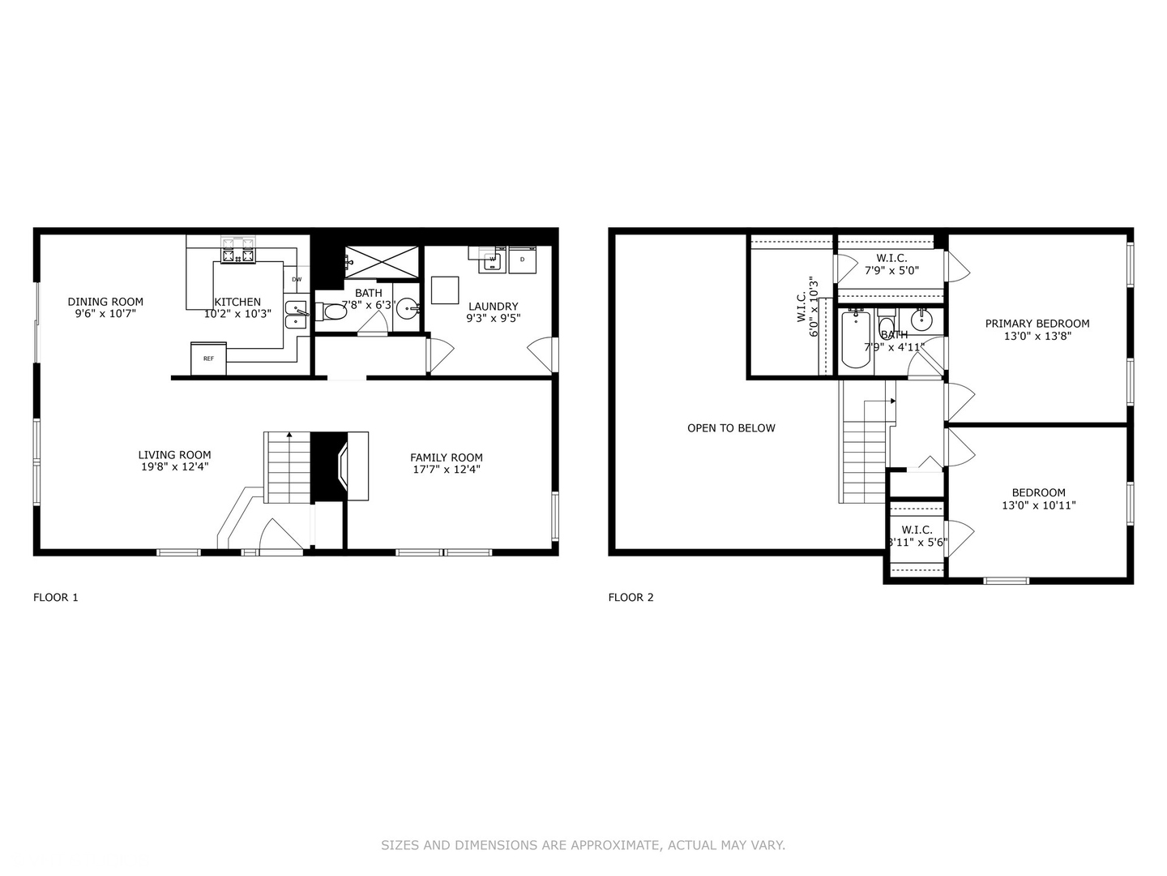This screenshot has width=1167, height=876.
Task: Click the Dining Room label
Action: point(105,302)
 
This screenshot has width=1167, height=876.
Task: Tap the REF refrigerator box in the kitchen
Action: point(208,359)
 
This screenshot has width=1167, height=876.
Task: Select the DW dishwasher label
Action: point(297,280)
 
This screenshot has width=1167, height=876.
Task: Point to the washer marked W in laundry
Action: point(492,260)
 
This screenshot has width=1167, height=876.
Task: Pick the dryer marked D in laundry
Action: point(523,260)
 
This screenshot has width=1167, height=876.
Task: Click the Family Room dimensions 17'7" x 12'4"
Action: point(446,469)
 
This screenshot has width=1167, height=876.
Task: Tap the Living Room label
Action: point(174,455)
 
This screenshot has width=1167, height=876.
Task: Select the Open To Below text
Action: point(731,428)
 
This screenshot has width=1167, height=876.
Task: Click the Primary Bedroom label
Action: point(1037,324)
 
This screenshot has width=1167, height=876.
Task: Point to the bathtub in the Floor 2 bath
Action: point(856,338)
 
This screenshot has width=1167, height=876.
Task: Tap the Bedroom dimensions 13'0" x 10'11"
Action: point(1038,505)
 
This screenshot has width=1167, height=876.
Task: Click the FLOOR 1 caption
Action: point(55,598)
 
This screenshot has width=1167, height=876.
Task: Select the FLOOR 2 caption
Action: point(631,598)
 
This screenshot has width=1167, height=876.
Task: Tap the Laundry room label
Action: point(493,307)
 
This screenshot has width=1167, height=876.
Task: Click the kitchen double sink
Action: point(296,315)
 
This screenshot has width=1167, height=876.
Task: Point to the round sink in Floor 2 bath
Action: point(921,320)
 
